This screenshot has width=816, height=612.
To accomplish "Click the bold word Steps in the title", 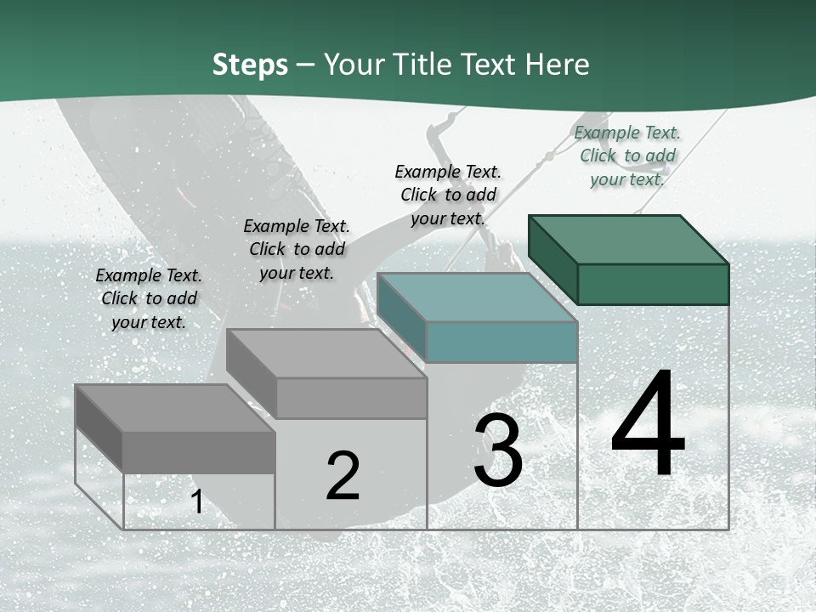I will coord(250,65).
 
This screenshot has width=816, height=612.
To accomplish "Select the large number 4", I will coord(648,425).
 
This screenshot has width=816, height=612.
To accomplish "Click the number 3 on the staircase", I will coord(498,450).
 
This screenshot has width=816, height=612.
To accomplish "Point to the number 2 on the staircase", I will coord(343,476).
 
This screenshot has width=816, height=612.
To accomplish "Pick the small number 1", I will coord(197,501).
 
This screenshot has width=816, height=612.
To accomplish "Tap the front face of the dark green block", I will coord(653,284).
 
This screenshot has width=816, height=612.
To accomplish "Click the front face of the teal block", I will coord(501,342).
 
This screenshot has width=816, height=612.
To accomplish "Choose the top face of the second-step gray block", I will coord(326,353).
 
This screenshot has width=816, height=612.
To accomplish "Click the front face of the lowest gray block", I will coord(199,451).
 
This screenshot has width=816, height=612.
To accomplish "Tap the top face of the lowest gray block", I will coord(175,408).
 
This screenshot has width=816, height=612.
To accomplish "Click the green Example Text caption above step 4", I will coord(627,156).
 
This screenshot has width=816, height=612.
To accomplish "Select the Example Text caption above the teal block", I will coord(448,195).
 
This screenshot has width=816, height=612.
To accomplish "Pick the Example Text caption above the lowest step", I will coord(149,298).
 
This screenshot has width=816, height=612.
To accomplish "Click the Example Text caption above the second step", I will coord(297,249).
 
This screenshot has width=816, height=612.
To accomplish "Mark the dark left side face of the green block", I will coord(552,258).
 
